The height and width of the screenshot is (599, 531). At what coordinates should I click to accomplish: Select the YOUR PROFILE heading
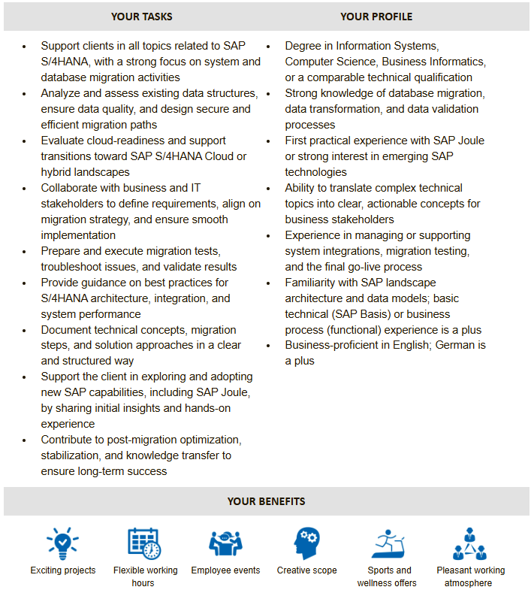[x=376, y=16]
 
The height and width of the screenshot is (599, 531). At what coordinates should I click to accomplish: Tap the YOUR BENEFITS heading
[x=266, y=501]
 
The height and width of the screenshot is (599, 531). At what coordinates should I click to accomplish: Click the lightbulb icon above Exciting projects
[x=63, y=543]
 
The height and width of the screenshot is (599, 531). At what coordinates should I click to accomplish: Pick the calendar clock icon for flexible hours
[x=144, y=543]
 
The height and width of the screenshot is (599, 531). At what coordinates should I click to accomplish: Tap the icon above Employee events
[x=225, y=543]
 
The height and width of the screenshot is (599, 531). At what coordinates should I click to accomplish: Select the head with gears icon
[x=306, y=543]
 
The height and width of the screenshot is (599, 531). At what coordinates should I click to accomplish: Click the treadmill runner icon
[x=388, y=543]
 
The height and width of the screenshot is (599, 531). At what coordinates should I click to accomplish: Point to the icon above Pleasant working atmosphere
[x=470, y=543]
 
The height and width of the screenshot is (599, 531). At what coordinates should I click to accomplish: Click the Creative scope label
[x=306, y=570]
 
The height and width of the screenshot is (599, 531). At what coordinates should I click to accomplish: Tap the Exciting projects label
[x=63, y=570]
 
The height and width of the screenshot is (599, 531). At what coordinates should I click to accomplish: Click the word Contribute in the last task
[x=68, y=440]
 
